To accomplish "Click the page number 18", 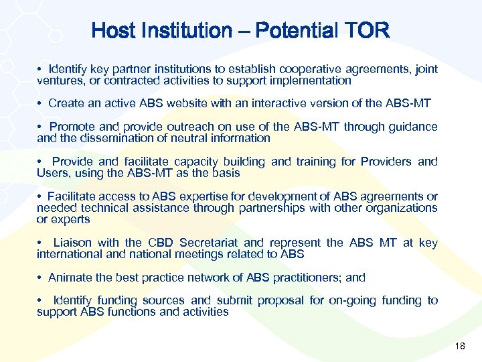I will tap(459, 346).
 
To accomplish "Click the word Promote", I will tap(72, 127).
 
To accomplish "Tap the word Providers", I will tap(386, 162).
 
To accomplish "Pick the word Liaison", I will tap(72, 243).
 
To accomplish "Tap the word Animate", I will tap(70, 277).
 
